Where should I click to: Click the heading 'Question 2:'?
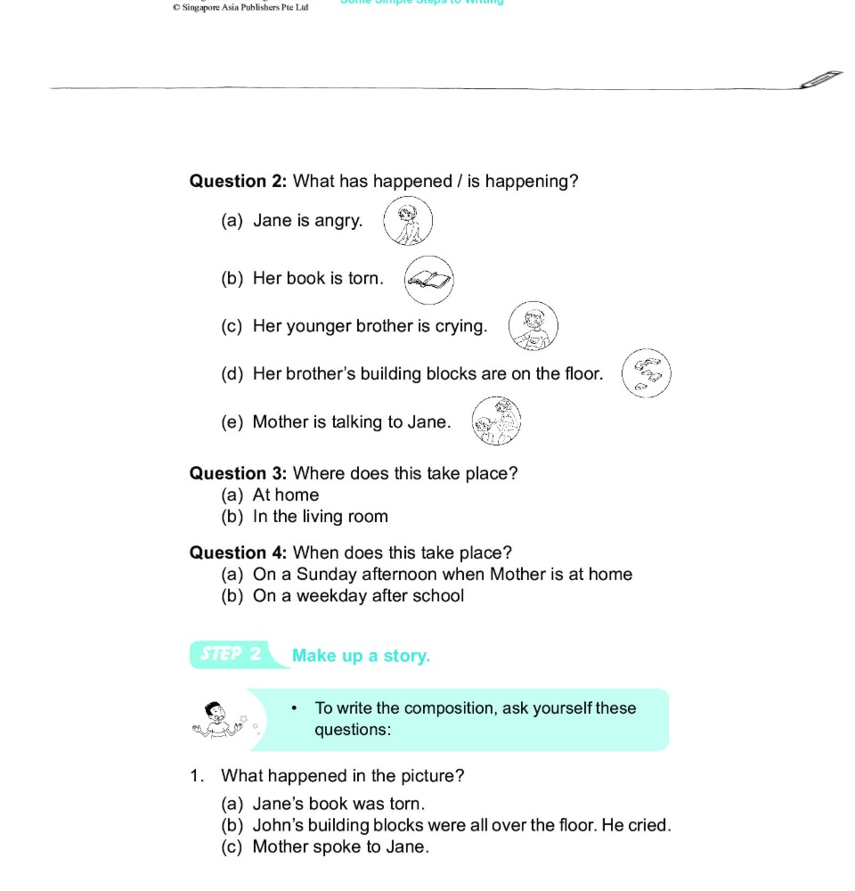click(x=238, y=182)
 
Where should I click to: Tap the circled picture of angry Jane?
click(x=408, y=221)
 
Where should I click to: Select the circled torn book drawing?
click(x=429, y=280)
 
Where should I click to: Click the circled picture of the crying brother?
click(x=533, y=326)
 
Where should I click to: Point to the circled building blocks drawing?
click(x=647, y=373)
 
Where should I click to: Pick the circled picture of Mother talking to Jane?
click(x=496, y=421)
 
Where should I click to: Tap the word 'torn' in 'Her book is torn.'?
click(x=364, y=278)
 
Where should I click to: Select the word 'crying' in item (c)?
click(x=460, y=326)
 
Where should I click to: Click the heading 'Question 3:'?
click(x=238, y=474)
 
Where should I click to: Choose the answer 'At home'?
click(x=286, y=495)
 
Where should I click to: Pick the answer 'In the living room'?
click(x=321, y=517)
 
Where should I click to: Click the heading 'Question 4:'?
click(x=238, y=553)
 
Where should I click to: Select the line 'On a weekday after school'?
click(x=358, y=596)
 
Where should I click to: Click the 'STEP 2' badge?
click(x=230, y=654)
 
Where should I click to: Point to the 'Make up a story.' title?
click(x=361, y=656)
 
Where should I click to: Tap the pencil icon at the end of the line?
click(x=821, y=78)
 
